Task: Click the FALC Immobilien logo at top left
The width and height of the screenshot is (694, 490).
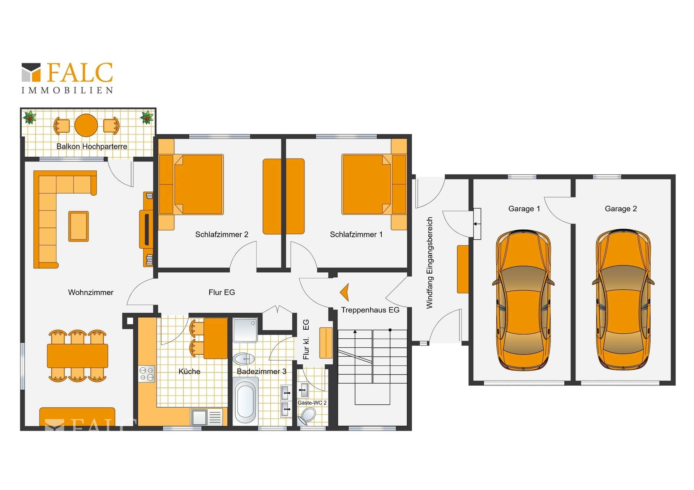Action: tap(67, 78)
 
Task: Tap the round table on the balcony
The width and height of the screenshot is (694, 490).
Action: tap(86, 125)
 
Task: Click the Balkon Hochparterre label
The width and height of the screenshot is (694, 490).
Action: tap(92, 146)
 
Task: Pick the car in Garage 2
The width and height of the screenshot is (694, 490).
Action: tap(623, 300)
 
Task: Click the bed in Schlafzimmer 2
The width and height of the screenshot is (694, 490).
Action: tap(191, 185)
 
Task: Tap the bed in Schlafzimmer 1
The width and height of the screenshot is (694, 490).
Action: tap(374, 185)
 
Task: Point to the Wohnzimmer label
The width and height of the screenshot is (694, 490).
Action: tap(91, 292)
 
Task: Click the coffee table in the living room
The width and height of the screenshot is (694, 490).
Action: tap(78, 226)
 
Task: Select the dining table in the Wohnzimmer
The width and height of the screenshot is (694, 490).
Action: tap(77, 356)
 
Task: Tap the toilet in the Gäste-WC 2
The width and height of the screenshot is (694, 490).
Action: tap(307, 416)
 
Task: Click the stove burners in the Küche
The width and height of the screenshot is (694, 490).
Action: tap(147, 374)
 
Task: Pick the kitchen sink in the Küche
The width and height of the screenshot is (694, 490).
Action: tap(207, 417)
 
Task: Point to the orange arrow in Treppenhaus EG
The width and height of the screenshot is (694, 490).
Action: tap(345, 292)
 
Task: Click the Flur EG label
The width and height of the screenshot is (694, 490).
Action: tap(222, 292)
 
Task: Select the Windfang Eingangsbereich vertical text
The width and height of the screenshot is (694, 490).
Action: tap(429, 263)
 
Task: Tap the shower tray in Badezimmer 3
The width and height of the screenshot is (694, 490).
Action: tap(245, 330)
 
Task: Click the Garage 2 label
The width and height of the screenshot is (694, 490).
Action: tap(621, 209)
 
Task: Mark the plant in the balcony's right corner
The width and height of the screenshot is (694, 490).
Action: tap(147, 117)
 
